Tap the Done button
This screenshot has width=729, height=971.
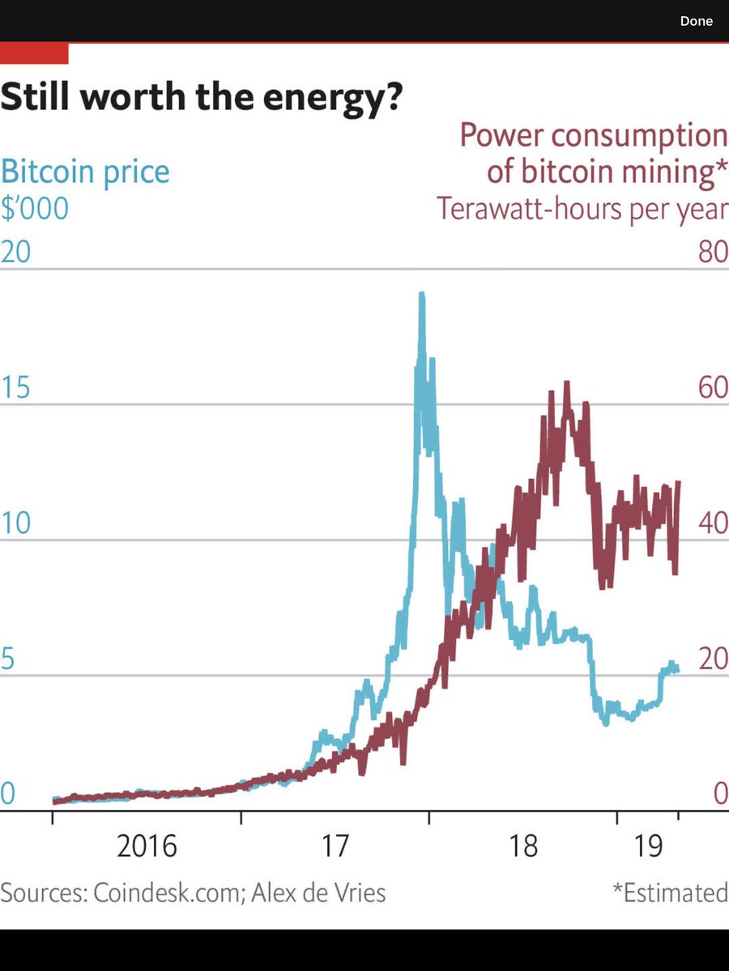click(696, 21)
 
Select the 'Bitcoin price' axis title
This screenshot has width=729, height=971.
click(85, 172)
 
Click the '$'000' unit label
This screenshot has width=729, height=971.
click(35, 209)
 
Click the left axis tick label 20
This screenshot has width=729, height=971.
click(16, 252)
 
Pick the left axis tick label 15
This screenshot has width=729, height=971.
click(16, 388)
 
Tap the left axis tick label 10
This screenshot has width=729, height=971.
click(16, 524)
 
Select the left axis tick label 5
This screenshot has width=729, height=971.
click(8, 659)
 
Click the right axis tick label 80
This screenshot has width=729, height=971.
click(712, 252)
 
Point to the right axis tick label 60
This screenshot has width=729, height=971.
click(712, 388)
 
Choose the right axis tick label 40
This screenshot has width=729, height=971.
click(712, 524)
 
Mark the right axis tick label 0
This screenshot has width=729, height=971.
click(719, 795)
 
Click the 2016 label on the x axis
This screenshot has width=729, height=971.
click(147, 846)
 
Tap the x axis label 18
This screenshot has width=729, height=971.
click(524, 846)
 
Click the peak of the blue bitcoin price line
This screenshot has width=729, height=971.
click(421, 295)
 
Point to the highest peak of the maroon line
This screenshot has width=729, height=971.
click(567, 383)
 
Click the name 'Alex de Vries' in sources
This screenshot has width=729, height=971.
click(318, 893)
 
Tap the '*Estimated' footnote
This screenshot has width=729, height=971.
click(670, 893)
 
